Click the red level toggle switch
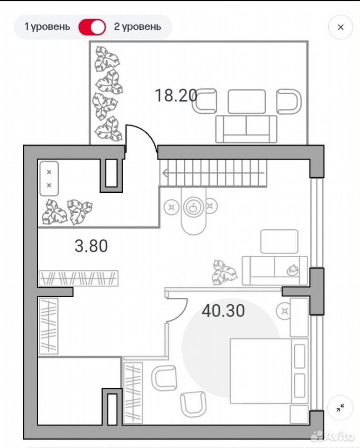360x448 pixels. [92, 27]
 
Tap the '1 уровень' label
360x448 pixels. [47, 27]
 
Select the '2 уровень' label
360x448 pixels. [138, 27]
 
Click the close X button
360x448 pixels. [340, 27]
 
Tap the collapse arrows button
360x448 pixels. [340, 408]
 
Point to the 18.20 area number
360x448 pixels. [176, 95]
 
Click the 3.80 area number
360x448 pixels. [91, 246]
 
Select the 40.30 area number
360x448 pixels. [223, 311]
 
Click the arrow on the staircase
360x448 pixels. [213, 173]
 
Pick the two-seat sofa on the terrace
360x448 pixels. [246, 129]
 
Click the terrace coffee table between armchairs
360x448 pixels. [247, 101]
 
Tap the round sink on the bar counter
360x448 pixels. [193, 207]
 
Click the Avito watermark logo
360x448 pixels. [332, 436]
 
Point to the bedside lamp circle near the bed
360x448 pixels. [284, 311]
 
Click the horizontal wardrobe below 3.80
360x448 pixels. [78, 278]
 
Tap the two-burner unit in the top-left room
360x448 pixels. [49, 179]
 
